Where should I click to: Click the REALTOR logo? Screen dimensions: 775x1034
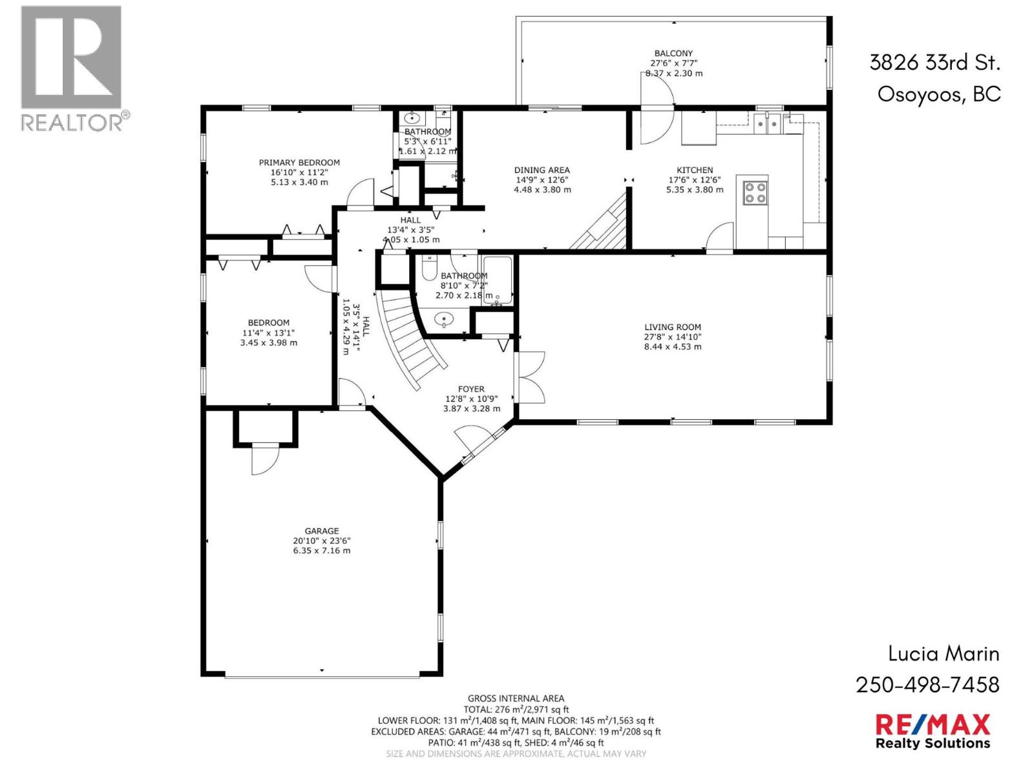click(x=71, y=68)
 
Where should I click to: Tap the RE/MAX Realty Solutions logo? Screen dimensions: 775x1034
click(x=932, y=731)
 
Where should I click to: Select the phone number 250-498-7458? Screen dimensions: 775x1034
click(x=927, y=685)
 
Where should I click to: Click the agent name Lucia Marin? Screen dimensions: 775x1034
click(x=944, y=654)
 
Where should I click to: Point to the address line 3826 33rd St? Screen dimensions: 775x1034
click(x=934, y=63)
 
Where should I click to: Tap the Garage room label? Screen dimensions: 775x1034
click(x=322, y=531)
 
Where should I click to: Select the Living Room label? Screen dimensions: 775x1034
click(x=672, y=327)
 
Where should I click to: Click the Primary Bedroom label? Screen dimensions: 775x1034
click(x=299, y=163)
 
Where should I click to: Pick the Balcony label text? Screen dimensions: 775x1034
click(x=673, y=54)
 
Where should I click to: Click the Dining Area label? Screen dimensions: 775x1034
click(x=542, y=170)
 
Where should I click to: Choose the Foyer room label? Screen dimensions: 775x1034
click(x=471, y=389)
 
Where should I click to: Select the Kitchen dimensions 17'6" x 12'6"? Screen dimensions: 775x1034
click(x=695, y=180)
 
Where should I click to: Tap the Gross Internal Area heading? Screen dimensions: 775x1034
click(x=516, y=698)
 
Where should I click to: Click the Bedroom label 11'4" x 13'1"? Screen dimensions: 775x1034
click(x=268, y=333)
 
